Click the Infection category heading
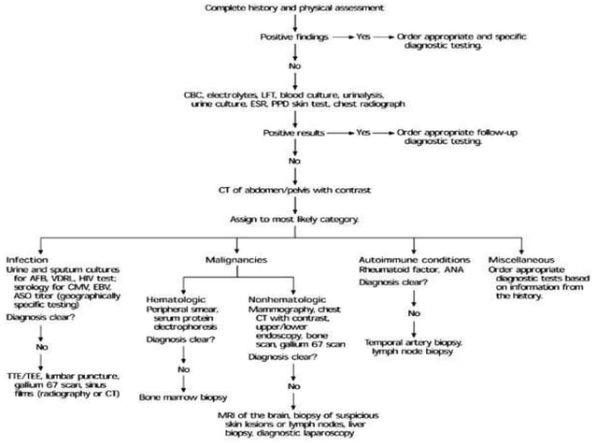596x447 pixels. [x=26, y=258]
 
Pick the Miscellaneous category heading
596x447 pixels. [x=518, y=258]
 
